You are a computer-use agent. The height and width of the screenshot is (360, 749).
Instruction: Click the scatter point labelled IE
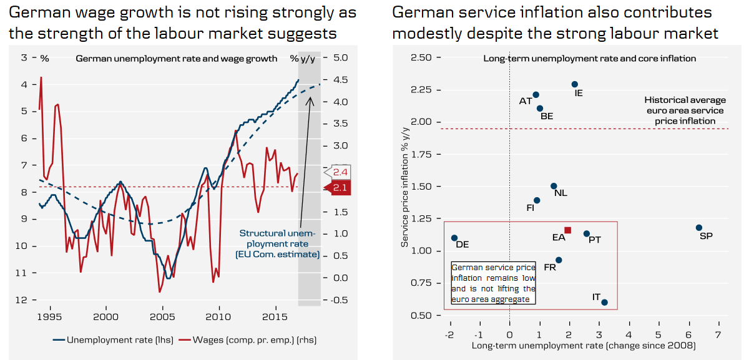[x=575, y=84]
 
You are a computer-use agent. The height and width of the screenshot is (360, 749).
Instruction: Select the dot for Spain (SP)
[x=699, y=228]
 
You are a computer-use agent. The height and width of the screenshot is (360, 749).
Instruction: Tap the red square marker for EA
[x=567, y=230]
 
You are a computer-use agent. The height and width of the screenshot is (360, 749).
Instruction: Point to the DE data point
[x=454, y=238]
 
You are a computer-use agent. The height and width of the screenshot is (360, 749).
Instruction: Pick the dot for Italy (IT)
[x=604, y=303]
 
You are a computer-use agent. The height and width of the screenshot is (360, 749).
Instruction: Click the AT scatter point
[x=536, y=95]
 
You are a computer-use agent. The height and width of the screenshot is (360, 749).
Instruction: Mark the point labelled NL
[x=554, y=186]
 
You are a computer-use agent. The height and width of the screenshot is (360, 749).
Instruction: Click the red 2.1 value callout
[x=341, y=187]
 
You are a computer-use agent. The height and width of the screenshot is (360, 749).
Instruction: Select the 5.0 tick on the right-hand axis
[x=340, y=58]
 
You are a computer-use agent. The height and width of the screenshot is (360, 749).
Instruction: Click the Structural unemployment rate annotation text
[x=278, y=243]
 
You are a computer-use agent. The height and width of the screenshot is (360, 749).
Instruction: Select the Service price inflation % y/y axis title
[x=405, y=187]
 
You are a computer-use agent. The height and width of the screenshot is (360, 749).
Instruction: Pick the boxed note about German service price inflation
[x=493, y=283]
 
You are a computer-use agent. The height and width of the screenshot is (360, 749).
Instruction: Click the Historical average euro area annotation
[x=685, y=110]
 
